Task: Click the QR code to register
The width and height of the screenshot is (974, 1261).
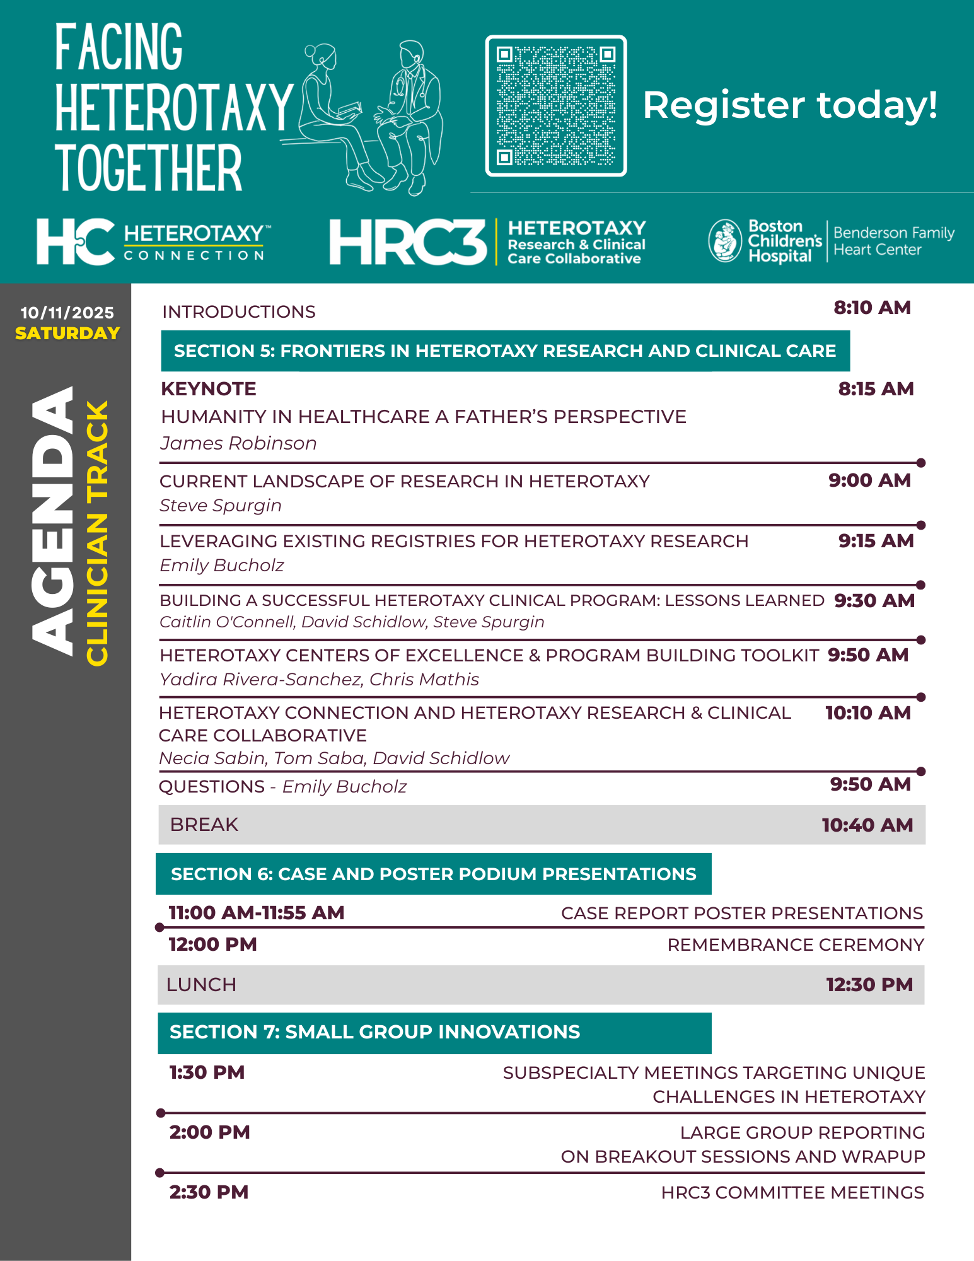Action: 556,106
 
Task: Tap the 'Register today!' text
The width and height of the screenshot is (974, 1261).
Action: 789,105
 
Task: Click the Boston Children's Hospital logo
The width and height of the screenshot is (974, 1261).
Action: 765,241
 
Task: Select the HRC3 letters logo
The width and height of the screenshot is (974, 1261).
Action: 408,242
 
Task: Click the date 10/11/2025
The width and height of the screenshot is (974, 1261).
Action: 67,313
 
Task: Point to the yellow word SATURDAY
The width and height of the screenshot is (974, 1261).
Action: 67,333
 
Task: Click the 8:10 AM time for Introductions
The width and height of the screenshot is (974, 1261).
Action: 872,308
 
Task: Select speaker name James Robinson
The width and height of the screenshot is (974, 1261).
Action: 238,443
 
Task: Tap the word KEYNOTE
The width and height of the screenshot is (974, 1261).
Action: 209,389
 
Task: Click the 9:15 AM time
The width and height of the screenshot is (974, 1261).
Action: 876,541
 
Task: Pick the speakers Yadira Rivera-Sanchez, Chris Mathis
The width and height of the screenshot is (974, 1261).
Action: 319,679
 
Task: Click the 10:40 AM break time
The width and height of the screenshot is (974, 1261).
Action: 867,825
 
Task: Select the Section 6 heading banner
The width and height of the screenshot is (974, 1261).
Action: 434,874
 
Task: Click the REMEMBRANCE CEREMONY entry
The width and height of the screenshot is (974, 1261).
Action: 796,944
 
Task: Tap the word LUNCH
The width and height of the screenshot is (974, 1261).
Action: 201,984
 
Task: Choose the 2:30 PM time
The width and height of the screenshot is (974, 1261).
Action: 209,1192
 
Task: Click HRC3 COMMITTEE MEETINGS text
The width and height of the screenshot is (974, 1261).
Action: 792,1192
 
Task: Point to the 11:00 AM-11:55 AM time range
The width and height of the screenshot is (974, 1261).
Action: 257,912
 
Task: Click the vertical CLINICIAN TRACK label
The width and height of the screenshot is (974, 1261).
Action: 98,533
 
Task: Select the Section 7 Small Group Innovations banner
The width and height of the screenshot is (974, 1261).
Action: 434,1032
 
